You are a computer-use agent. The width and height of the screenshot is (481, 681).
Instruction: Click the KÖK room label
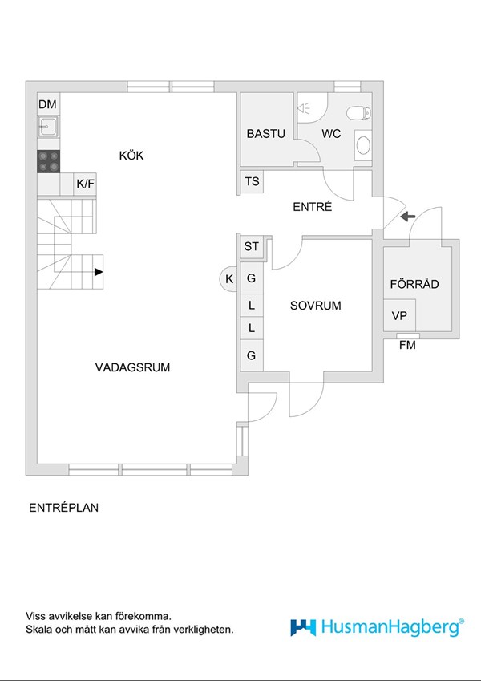(131, 156)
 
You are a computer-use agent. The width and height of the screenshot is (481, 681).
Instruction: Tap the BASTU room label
(265, 134)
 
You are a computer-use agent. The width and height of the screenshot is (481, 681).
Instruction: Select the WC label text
(331, 134)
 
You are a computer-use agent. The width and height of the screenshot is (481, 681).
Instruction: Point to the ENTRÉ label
(312, 207)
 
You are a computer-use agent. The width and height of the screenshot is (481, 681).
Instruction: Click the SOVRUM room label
(316, 306)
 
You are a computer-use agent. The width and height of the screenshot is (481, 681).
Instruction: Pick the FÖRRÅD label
(414, 284)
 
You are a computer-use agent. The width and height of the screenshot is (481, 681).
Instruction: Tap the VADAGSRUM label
(133, 367)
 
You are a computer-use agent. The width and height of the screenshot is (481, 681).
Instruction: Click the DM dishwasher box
(48, 104)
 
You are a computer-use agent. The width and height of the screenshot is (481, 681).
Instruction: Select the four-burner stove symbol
(48, 160)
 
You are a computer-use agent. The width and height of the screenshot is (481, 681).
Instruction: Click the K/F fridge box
(86, 184)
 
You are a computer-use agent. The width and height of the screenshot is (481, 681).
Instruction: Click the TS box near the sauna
(253, 182)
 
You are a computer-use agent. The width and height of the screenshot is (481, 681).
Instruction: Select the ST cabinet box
(252, 246)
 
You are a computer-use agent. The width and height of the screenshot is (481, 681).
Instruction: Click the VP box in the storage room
(398, 316)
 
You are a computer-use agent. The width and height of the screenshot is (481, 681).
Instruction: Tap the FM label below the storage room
(407, 345)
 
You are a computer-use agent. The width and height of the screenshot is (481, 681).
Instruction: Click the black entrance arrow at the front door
(406, 216)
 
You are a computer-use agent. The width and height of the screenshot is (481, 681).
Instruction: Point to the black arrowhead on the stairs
(99, 272)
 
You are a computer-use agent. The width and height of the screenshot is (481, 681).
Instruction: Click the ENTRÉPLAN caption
(63, 508)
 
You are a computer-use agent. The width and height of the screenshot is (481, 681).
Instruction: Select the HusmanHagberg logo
(377, 627)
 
